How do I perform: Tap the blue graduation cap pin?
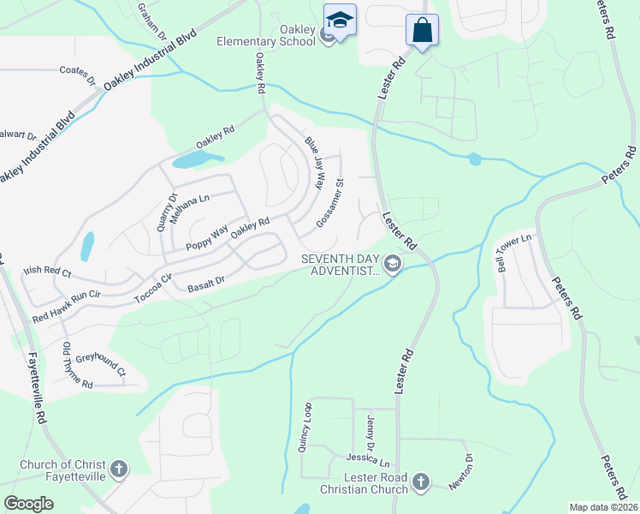tap(340, 20)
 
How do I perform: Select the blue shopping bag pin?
tap(422, 30)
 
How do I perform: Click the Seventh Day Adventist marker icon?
tap(393, 263)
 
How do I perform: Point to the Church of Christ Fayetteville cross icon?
tap(119, 469)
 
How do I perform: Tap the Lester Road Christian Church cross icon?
tap(420, 482)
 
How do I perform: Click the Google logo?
tap(28, 503)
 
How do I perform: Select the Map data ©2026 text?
tap(602, 507)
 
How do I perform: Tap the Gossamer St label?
tap(329, 202)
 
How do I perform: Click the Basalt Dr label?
tap(205, 282)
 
